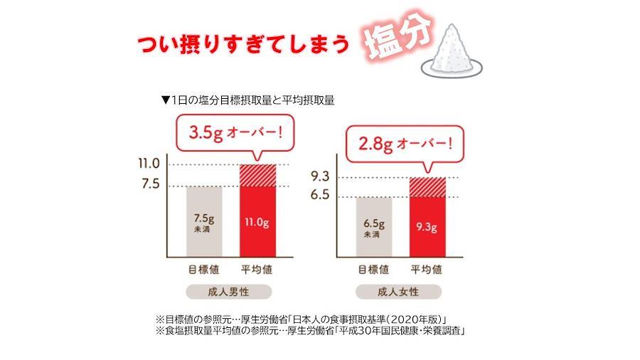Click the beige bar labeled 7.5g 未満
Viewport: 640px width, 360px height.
click(x=204, y=220)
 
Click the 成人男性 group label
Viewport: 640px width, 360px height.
click(x=230, y=291)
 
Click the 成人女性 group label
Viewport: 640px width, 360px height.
click(x=400, y=291)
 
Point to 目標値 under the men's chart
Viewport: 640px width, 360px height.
click(x=203, y=270)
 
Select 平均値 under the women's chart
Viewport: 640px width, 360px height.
click(x=427, y=270)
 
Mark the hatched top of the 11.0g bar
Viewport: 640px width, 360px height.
click(x=257, y=175)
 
